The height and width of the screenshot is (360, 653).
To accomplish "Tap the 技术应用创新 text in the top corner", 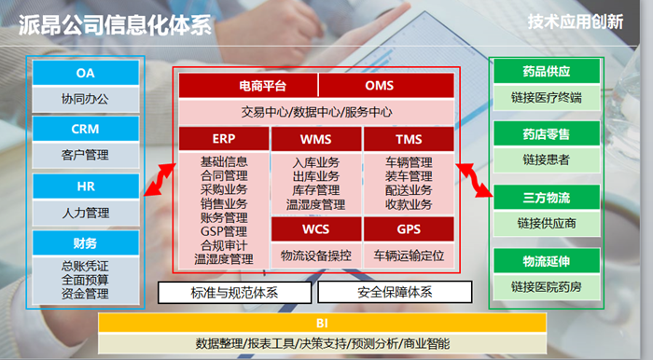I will (x=576, y=21).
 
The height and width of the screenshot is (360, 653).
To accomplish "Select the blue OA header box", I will (x=85, y=73).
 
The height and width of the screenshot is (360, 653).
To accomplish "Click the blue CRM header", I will (x=85, y=129).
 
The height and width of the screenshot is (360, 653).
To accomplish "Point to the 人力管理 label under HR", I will (x=85, y=213).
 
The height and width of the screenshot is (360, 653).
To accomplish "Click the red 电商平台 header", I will (x=248, y=87).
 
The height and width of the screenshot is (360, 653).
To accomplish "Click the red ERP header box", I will (x=223, y=139).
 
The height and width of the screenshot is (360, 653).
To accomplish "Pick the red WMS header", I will (x=315, y=139).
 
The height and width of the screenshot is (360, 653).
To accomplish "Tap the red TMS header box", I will (x=409, y=139).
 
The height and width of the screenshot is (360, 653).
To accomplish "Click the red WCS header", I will (x=315, y=228).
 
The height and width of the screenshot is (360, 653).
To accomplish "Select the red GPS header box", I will (x=409, y=228).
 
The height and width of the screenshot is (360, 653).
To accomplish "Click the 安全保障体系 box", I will (x=395, y=293).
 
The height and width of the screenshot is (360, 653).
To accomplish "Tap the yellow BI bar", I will (x=322, y=323).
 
